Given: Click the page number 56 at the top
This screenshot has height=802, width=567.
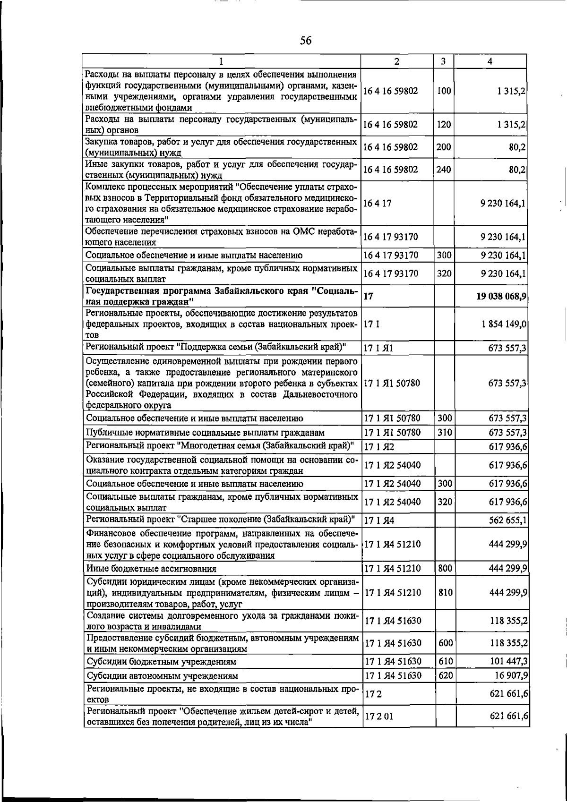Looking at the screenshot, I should pos(306,41).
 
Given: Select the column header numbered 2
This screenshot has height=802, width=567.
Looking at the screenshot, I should pos(397,61).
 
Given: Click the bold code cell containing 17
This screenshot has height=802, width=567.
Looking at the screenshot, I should pos(369,297).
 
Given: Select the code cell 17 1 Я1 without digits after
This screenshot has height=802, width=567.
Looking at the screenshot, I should pos(378,349).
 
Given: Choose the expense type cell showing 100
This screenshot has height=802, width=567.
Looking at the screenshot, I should pos(444,91).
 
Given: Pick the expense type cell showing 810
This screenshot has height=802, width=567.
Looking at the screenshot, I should pos(445,592).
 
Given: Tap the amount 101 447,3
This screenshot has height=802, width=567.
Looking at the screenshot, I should pos(508,661).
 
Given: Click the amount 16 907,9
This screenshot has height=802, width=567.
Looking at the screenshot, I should pos(511,675).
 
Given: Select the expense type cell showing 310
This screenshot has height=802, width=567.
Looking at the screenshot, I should pos(445,432).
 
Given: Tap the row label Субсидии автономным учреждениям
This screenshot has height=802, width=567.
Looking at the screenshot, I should pos(162,676).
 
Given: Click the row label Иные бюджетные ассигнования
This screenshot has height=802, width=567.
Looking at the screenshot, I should pos(151,569).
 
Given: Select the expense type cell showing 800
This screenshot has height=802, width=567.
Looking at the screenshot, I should pos(445,568).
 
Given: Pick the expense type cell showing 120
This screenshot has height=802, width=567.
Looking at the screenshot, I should pos(444,125).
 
